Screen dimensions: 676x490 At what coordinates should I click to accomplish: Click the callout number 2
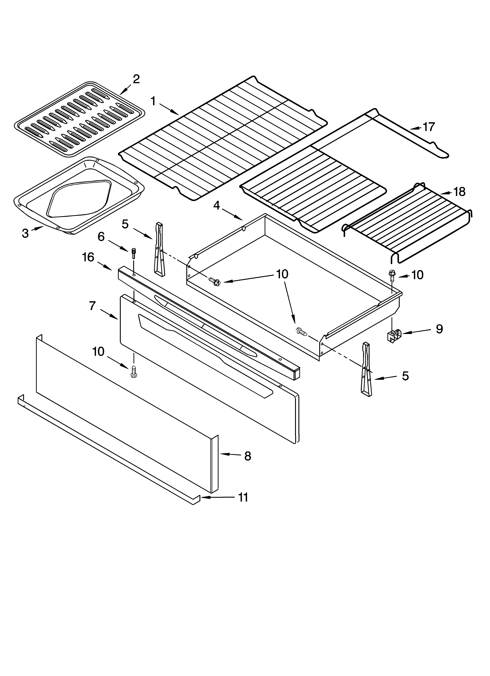136,79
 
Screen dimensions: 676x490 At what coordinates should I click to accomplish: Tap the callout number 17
429,127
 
